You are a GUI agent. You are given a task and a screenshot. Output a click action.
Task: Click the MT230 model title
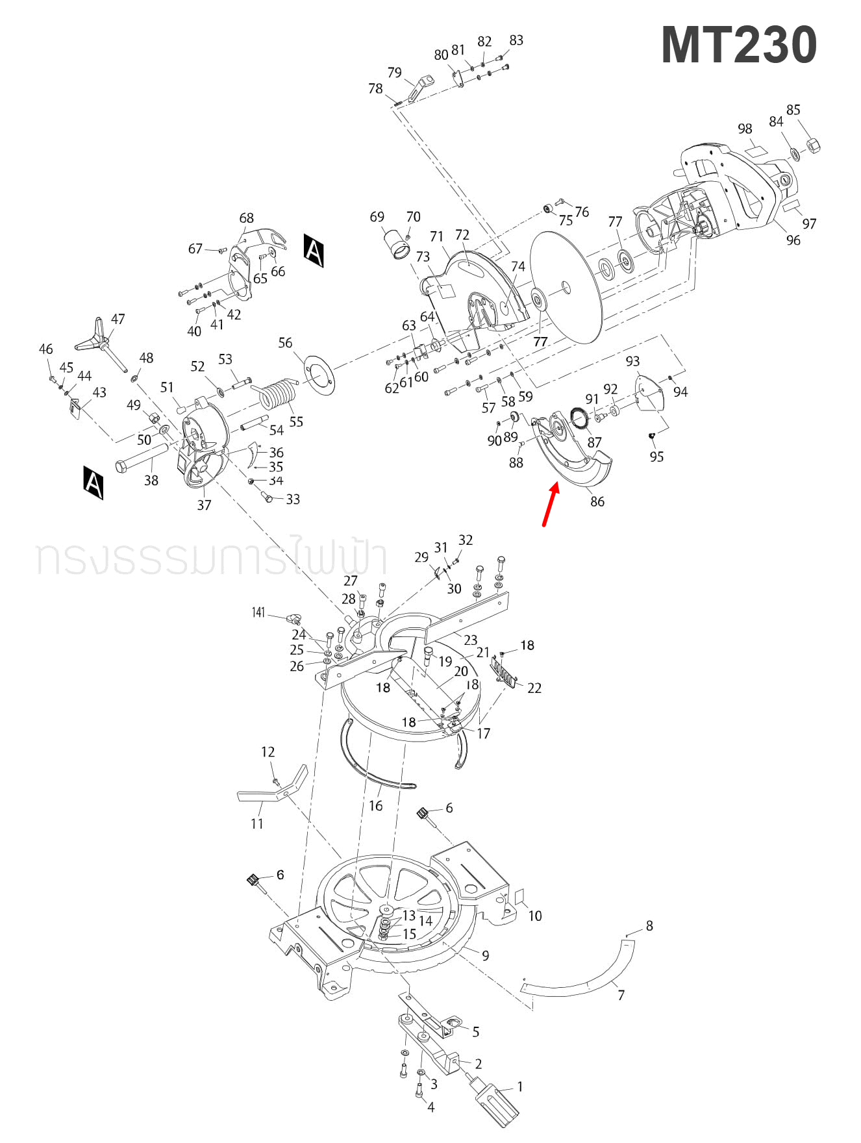738,45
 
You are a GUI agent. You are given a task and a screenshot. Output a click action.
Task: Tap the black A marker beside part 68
314,250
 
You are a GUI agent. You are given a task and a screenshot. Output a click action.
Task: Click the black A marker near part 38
93,482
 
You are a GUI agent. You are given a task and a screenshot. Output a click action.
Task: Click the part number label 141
258,612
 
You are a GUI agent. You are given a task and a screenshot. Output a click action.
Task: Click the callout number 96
793,240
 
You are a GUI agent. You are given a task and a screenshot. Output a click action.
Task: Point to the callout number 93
632,361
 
